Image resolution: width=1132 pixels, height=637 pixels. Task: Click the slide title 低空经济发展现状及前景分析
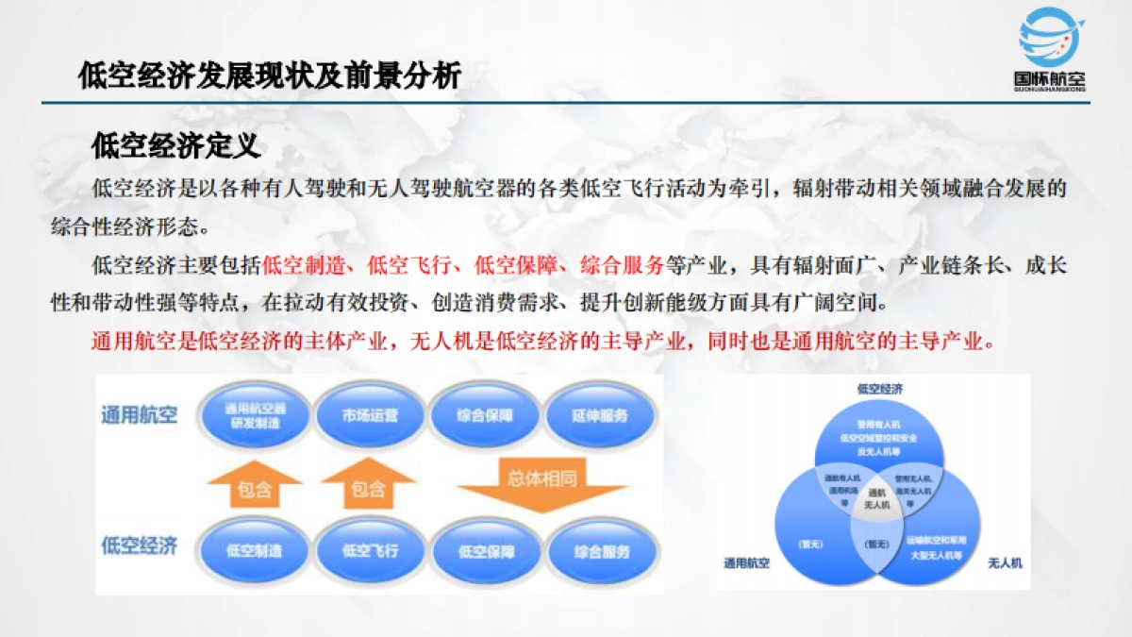point(271,75)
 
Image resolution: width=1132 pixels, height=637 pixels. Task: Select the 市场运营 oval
point(370,415)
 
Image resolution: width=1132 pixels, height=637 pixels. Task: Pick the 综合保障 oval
point(484,415)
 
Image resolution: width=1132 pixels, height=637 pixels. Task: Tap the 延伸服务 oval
point(599,415)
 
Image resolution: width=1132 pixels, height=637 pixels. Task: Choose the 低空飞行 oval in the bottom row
point(370,551)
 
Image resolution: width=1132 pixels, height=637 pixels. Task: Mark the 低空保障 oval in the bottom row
point(484,551)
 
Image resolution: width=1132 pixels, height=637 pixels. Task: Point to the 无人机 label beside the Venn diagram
point(1005,563)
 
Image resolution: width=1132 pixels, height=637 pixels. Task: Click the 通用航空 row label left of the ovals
point(140,415)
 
